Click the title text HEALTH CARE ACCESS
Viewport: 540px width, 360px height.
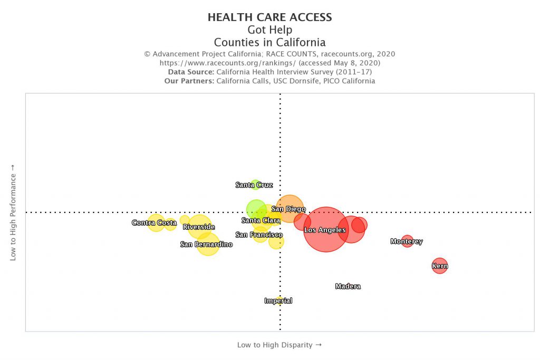click(x=269, y=17)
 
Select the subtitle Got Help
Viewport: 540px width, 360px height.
click(x=269, y=30)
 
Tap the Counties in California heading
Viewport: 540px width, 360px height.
click(x=269, y=43)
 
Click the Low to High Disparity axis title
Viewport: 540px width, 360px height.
click(x=279, y=345)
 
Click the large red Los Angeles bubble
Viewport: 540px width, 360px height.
click(x=325, y=229)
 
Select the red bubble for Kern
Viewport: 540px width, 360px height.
click(x=439, y=266)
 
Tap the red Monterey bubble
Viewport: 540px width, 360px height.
click(x=407, y=241)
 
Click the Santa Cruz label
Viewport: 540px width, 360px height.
click(x=254, y=185)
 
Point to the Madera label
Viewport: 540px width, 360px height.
click(x=348, y=287)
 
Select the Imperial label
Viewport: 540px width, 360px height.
click(x=278, y=301)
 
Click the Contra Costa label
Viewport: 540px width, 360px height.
click(x=154, y=223)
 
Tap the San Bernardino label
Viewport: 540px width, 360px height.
click(x=206, y=245)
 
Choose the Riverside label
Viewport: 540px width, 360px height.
click(x=199, y=227)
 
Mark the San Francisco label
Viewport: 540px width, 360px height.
click(x=259, y=235)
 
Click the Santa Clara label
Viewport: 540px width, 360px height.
click(x=261, y=220)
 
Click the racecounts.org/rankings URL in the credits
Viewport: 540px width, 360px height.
click(x=227, y=63)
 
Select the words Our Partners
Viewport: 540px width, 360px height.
click(x=189, y=81)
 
